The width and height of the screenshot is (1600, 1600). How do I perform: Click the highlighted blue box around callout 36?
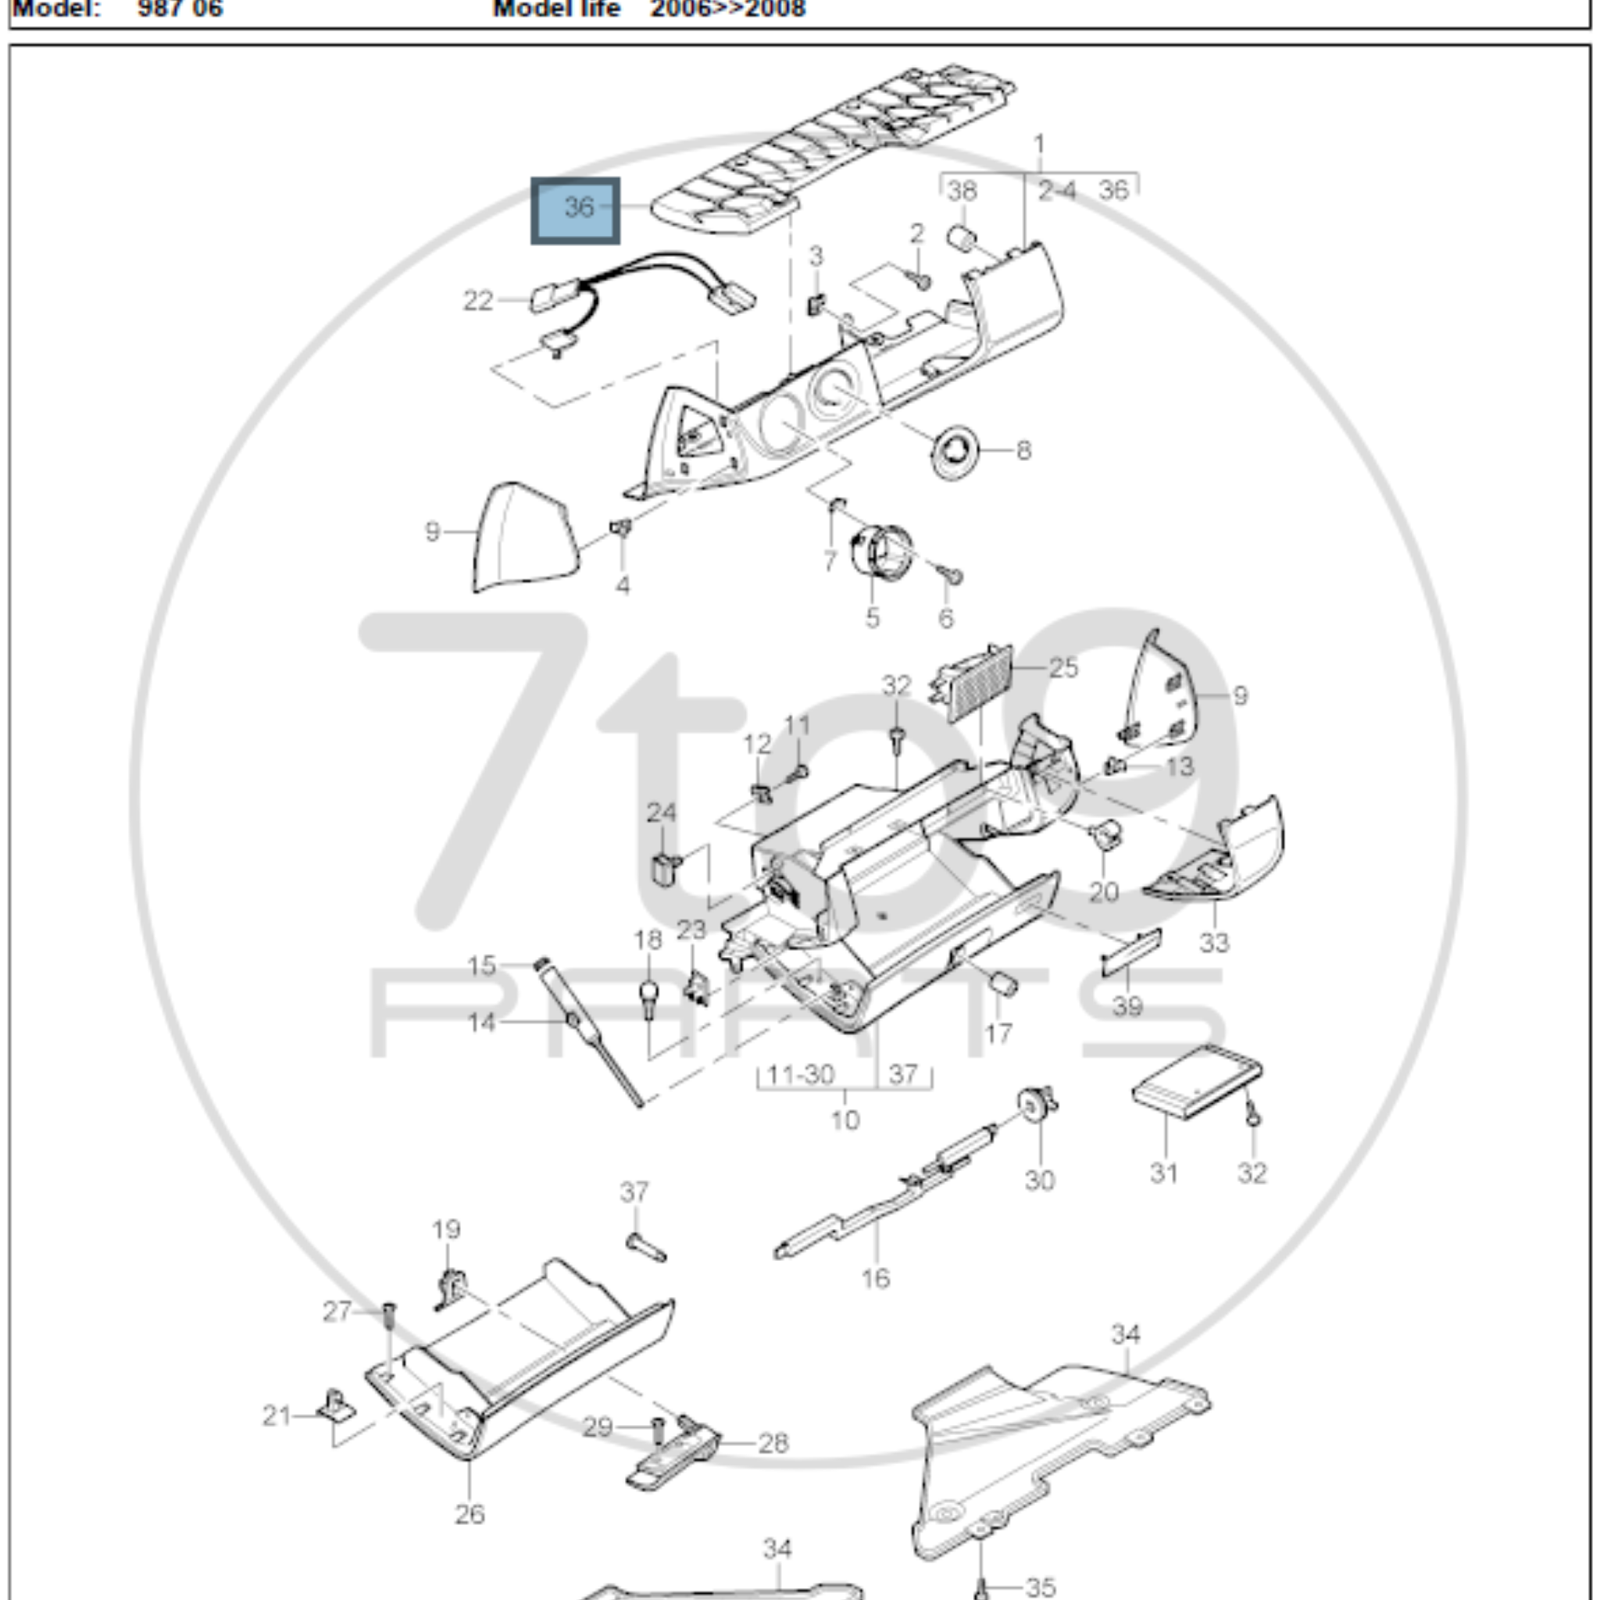(x=575, y=210)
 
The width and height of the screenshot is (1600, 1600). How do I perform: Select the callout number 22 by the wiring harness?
(x=477, y=300)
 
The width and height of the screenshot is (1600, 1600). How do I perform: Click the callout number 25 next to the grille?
(x=1063, y=667)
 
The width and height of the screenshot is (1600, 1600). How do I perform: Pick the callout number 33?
(x=1214, y=942)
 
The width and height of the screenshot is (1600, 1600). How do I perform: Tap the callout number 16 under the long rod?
(x=875, y=1278)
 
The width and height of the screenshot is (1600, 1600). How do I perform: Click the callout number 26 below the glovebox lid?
(x=470, y=1514)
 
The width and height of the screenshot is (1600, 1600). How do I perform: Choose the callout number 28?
(x=773, y=1444)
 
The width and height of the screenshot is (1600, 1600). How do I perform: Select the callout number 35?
(x=1040, y=1587)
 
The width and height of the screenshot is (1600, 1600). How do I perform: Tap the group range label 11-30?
(x=800, y=1075)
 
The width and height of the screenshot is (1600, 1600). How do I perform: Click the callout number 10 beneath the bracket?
(x=845, y=1120)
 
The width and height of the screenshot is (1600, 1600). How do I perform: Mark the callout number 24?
(x=661, y=812)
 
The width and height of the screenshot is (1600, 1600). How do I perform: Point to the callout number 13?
(x=1179, y=767)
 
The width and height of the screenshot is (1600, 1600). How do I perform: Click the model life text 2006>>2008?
(x=727, y=9)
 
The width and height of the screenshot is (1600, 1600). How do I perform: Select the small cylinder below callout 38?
(x=962, y=238)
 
